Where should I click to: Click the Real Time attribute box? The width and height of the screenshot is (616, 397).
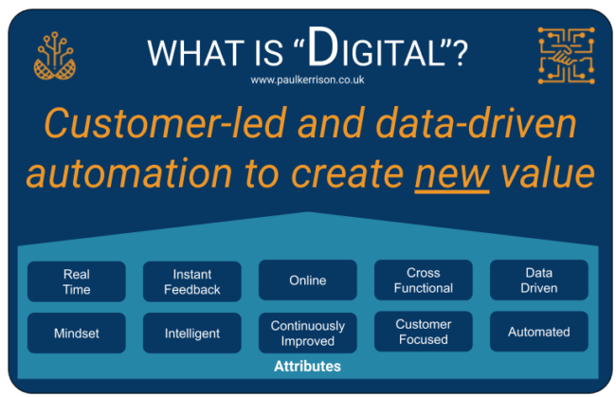click(x=77, y=280)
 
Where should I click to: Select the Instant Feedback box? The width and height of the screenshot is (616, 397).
click(x=191, y=280)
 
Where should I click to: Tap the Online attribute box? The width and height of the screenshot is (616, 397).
click(x=307, y=280)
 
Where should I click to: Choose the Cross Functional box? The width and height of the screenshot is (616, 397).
click(x=423, y=280)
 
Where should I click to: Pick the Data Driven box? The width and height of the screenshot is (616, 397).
click(x=538, y=280)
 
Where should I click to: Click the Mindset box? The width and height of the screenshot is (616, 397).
click(x=77, y=333)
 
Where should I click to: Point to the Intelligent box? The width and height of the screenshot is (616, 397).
click(x=191, y=333)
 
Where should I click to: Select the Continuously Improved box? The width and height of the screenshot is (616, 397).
click(x=307, y=333)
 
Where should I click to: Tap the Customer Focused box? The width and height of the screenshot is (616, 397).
click(x=423, y=333)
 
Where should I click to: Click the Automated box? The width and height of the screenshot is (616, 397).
click(x=538, y=333)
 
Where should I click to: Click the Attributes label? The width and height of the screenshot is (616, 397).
click(x=307, y=366)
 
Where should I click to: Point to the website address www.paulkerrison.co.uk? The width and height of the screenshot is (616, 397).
click(x=307, y=81)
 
